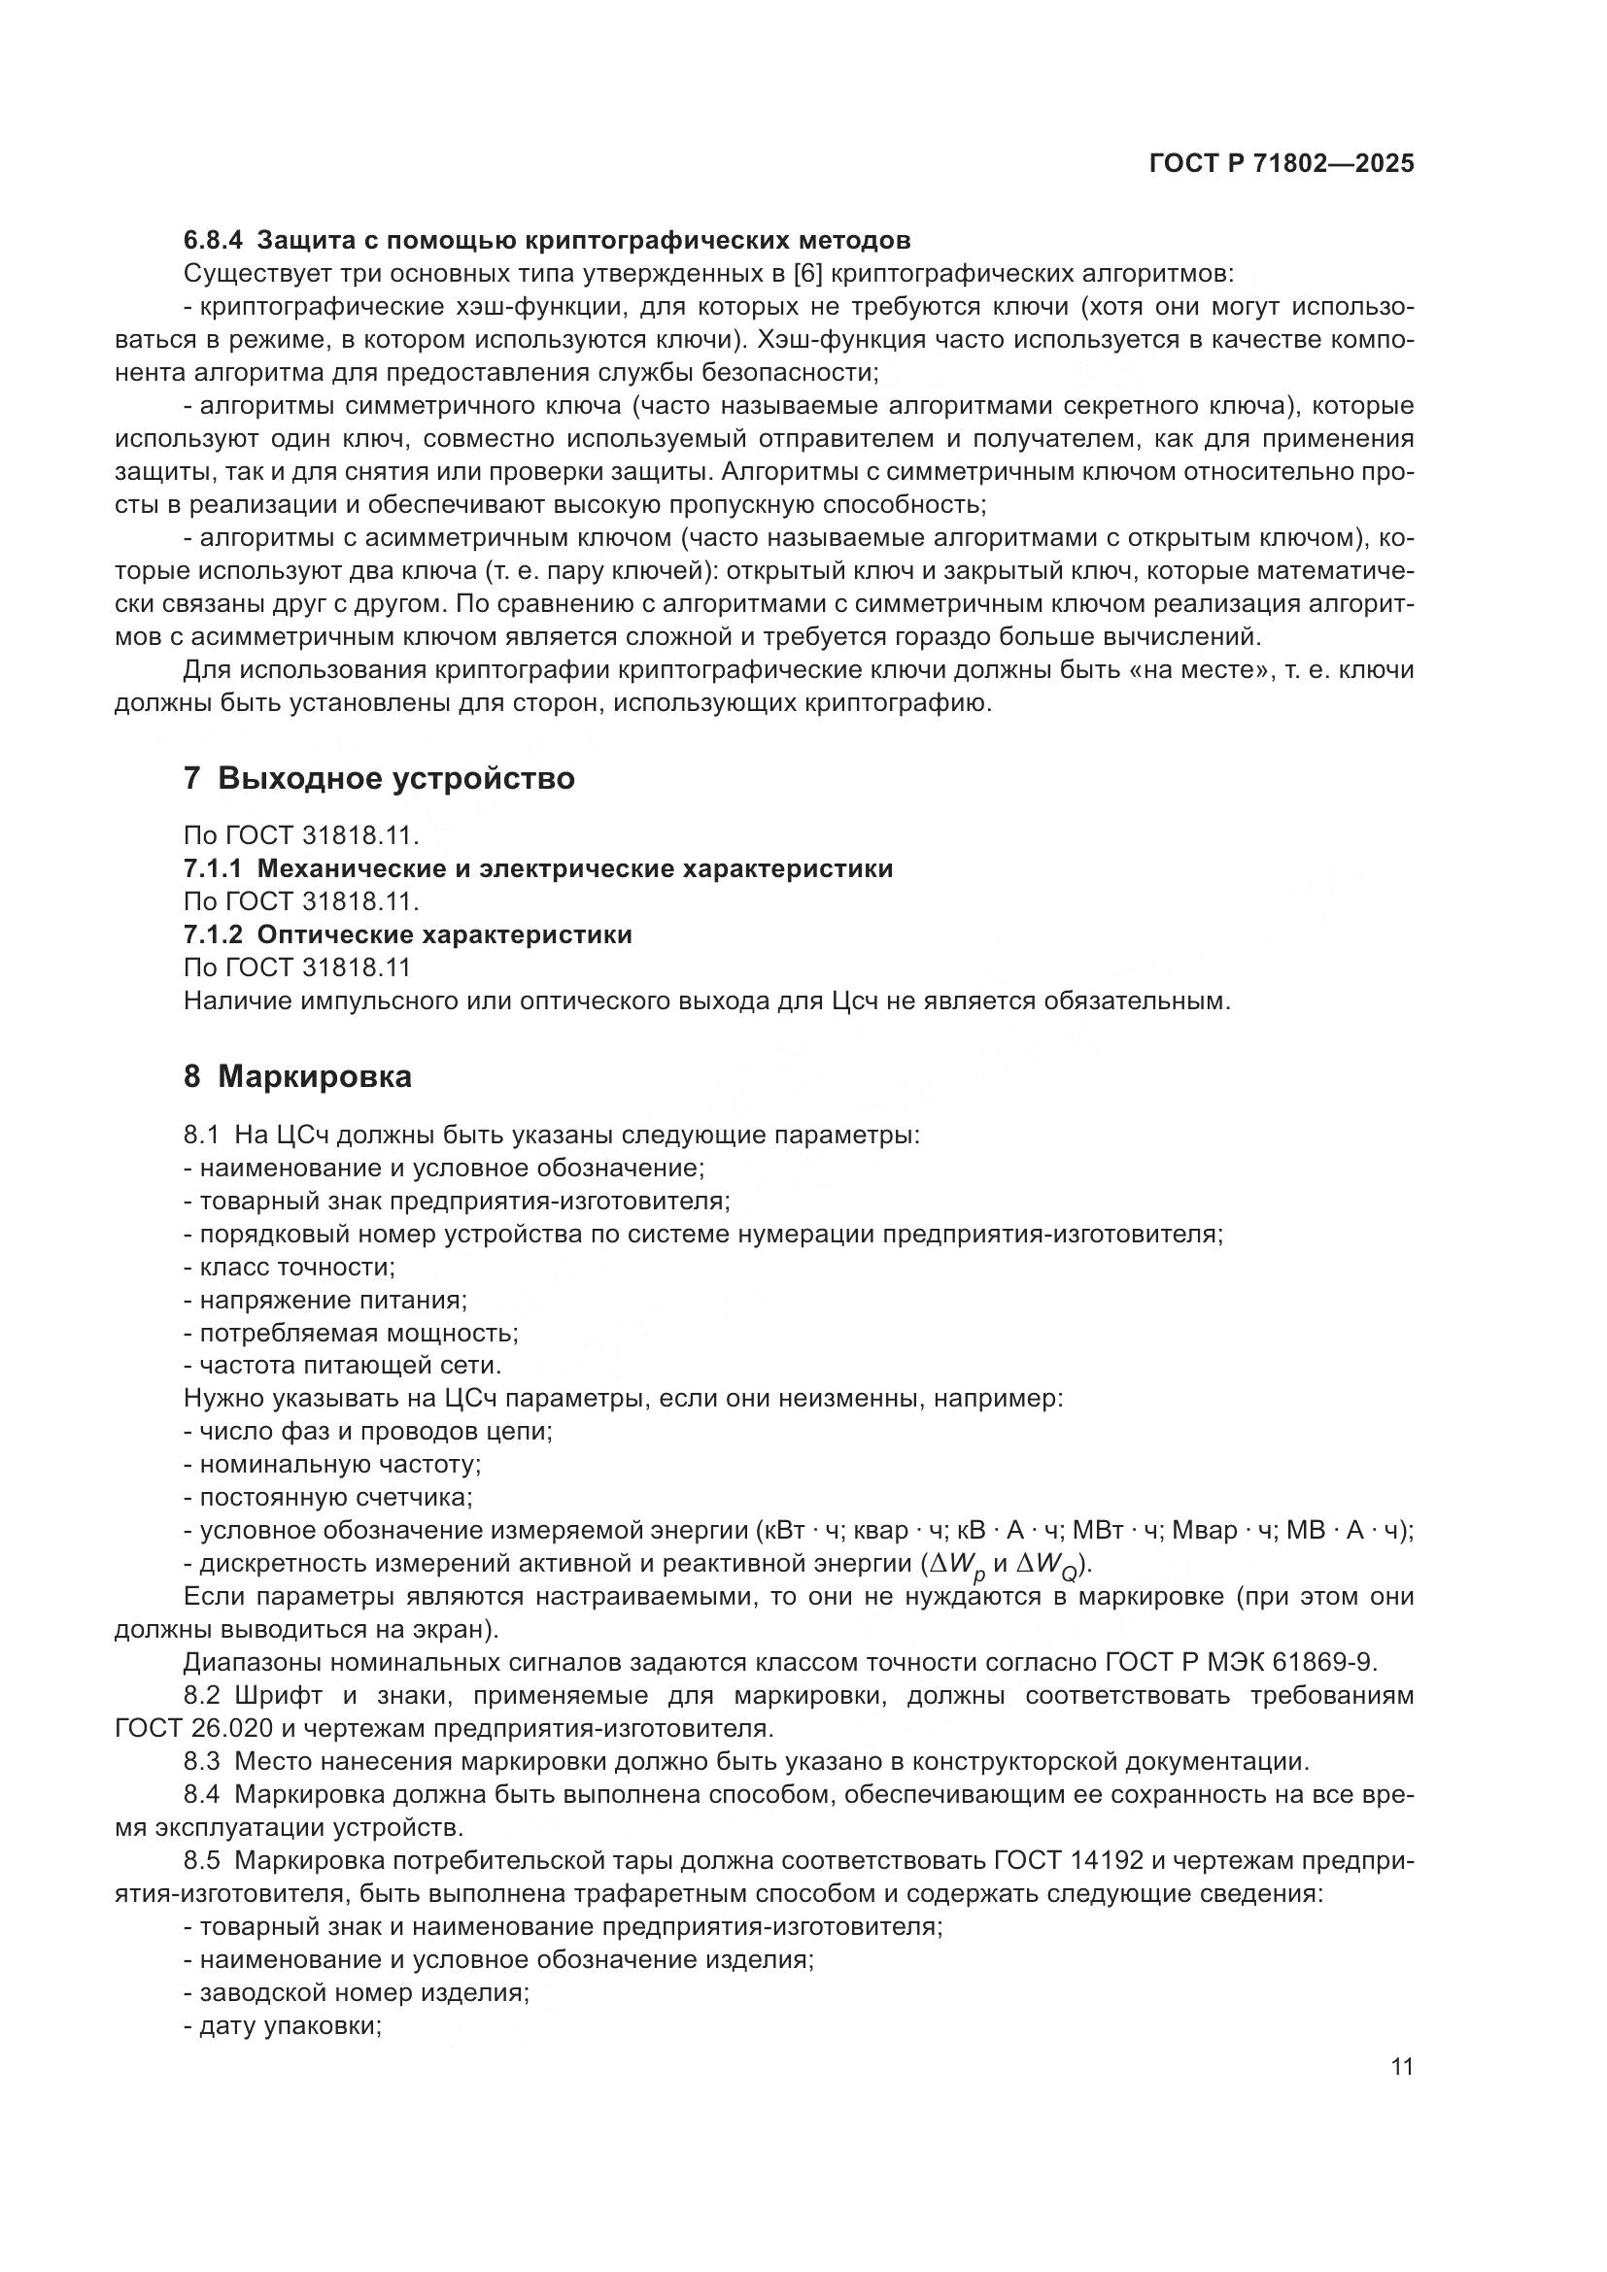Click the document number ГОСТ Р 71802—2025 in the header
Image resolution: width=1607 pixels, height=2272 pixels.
(x=1282, y=163)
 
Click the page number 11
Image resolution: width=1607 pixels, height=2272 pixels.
(x=1401, y=2067)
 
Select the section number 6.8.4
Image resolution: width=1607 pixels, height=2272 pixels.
(x=213, y=241)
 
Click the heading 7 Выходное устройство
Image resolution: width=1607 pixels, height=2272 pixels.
(x=379, y=779)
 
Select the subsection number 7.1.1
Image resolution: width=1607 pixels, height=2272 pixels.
(x=213, y=868)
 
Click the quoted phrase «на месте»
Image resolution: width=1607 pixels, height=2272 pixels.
(x=1199, y=670)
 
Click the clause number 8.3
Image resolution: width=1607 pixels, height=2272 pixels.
(x=202, y=1761)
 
